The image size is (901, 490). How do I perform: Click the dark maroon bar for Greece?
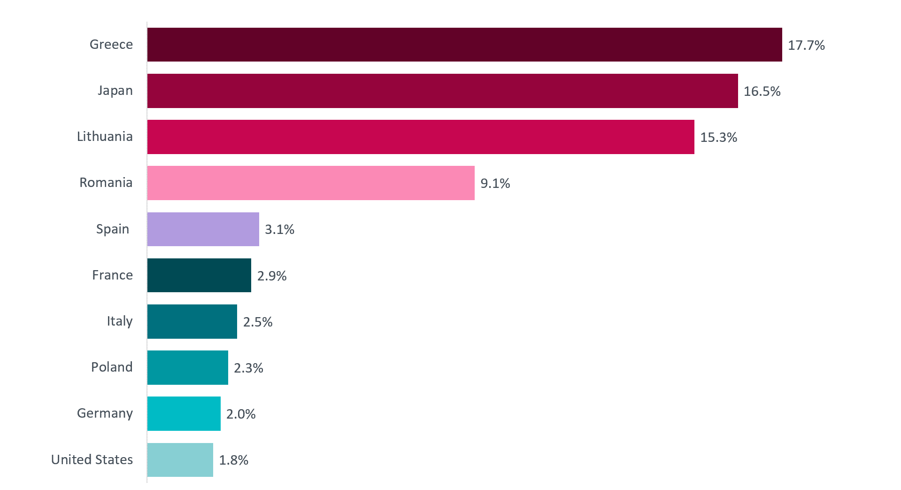coord(464,45)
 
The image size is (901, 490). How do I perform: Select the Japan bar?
coord(442,91)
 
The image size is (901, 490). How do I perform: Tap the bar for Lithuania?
coord(421,137)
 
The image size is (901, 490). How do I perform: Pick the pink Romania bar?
coord(311,183)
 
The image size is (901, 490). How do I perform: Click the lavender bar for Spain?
coord(203,229)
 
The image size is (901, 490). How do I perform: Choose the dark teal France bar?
coord(199,275)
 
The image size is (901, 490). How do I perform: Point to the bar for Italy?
coord(192,321)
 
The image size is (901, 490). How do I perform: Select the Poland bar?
coord(187,367)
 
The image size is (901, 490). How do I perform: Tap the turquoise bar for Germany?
coord(184,413)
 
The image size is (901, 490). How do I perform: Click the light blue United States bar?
coord(180,460)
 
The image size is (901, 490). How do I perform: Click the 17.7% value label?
coord(806,45)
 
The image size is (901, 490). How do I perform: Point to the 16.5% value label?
coord(762,91)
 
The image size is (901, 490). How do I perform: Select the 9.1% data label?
coord(495,183)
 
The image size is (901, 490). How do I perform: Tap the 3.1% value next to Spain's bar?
coord(280,229)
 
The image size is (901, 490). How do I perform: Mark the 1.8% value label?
coord(234,460)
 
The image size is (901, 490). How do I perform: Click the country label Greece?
coord(111,44)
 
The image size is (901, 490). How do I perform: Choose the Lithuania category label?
coord(105,136)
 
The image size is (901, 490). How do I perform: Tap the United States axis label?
coord(92,459)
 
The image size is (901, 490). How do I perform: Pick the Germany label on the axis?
coord(105,413)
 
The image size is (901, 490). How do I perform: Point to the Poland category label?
coord(112,367)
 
